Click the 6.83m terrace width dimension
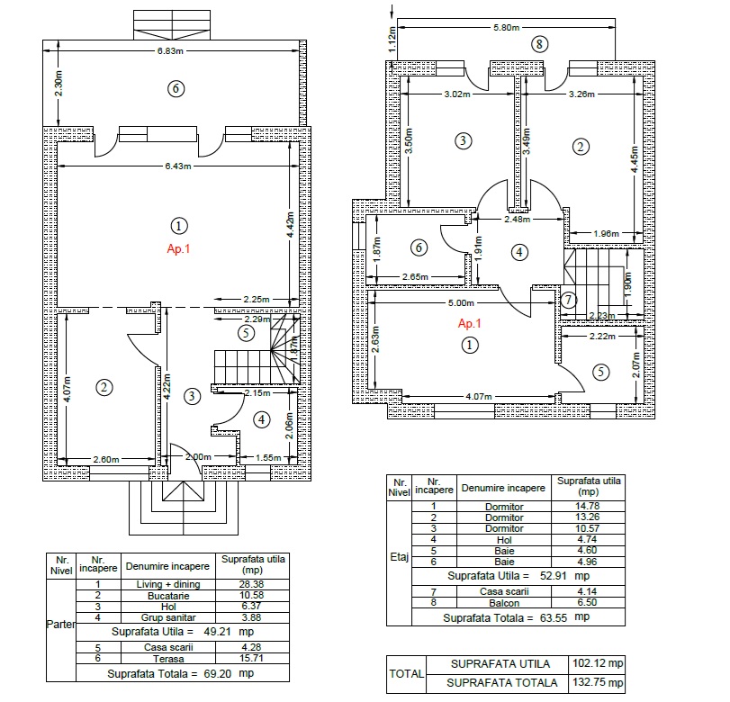point(170,50)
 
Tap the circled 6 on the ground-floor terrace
point(176,88)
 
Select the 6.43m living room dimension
point(178,166)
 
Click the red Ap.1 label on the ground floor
point(178,248)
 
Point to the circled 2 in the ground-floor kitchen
point(104,387)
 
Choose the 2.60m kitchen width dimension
point(106,460)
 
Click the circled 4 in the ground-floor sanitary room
point(262,420)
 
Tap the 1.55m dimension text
point(268,457)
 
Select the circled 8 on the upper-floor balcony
point(539,44)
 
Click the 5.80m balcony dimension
point(507,28)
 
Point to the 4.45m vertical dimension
point(634,159)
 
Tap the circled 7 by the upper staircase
point(569,300)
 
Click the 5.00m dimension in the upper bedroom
point(461,303)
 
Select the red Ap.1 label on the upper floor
point(469,323)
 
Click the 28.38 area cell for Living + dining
point(252,584)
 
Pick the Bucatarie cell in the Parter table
point(168,596)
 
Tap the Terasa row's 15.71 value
point(252,658)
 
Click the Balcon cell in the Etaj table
point(504,603)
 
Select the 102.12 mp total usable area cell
point(598,663)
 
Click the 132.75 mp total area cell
point(598,682)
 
